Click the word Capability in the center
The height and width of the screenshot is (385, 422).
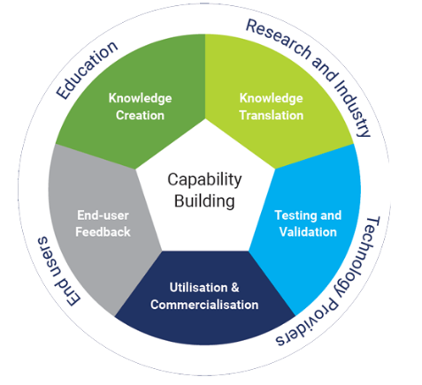click(x=204, y=180)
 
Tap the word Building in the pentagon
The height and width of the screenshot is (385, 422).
click(x=204, y=201)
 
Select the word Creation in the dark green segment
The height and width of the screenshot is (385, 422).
click(x=140, y=115)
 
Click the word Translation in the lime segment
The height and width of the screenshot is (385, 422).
click(x=272, y=115)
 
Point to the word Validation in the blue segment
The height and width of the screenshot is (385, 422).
click(x=308, y=231)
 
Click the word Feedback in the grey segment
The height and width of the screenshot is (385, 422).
click(x=103, y=231)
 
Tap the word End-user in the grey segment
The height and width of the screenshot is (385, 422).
click(x=103, y=215)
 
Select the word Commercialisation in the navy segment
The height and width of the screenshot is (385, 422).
click(x=204, y=305)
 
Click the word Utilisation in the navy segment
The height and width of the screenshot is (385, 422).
click(x=198, y=288)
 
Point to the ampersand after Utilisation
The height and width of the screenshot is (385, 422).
click(x=235, y=288)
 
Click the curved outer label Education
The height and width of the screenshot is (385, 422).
click(x=87, y=70)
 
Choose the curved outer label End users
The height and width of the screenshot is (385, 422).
click(x=58, y=271)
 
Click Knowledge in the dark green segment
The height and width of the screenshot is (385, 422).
click(x=140, y=99)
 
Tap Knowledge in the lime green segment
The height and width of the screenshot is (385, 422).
click(x=271, y=99)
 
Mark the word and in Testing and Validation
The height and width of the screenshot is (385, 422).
click(x=331, y=215)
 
